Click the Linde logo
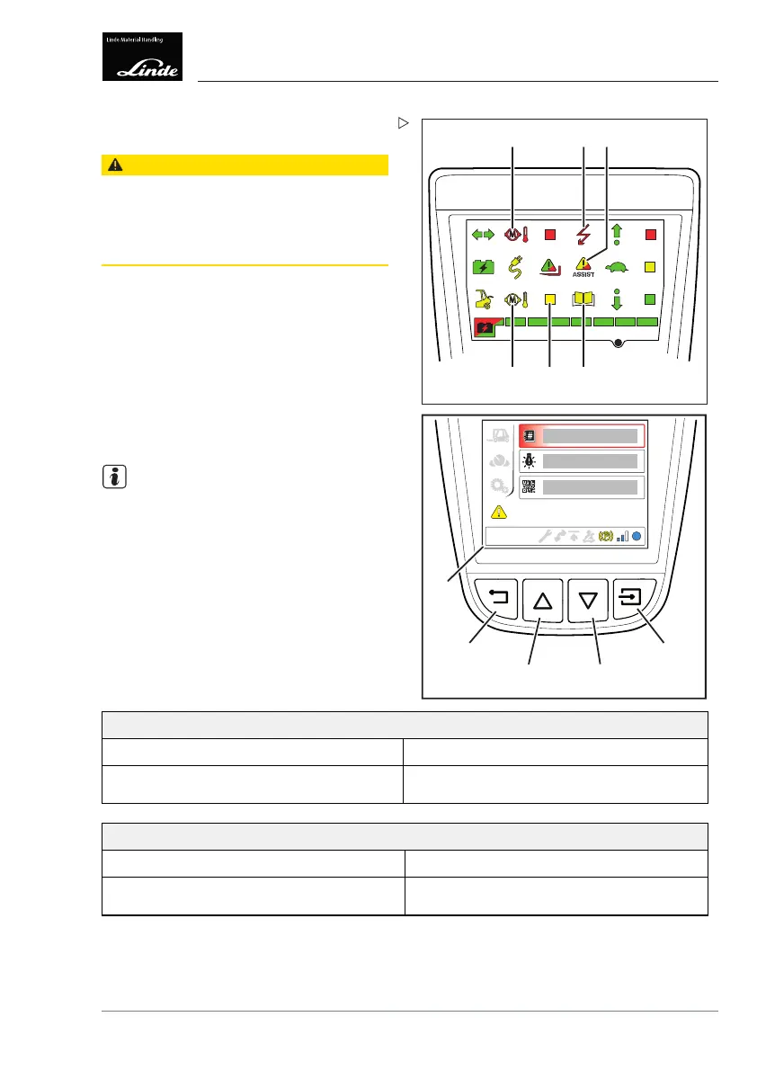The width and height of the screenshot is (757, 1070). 143,57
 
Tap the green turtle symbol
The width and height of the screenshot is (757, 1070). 617,267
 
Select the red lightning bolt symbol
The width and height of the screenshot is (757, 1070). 584,236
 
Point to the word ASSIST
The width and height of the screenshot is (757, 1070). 584,275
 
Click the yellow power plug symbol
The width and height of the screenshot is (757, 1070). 517,267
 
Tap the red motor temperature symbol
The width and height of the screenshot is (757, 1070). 515,236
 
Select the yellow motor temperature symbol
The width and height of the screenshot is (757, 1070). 515,299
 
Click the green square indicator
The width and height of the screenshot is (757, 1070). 651,299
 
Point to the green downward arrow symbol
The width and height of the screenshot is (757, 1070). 618,299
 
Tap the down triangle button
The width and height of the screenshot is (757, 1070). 589,600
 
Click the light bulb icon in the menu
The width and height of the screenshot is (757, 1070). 529,461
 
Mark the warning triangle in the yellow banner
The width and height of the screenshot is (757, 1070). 114,165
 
